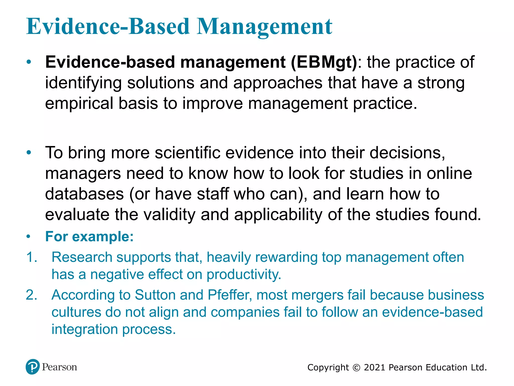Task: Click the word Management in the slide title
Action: click(265, 27)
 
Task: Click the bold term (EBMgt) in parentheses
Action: click(324, 62)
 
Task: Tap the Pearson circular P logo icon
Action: click(33, 367)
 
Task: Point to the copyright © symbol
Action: click(356, 368)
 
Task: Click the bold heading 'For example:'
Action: click(89, 236)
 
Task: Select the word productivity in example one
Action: click(244, 274)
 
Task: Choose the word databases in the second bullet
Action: click(84, 194)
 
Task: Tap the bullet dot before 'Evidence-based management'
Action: click(29, 62)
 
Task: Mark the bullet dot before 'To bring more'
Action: click(29, 153)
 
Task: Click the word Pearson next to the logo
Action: click(59, 367)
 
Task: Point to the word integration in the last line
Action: click(85, 329)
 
